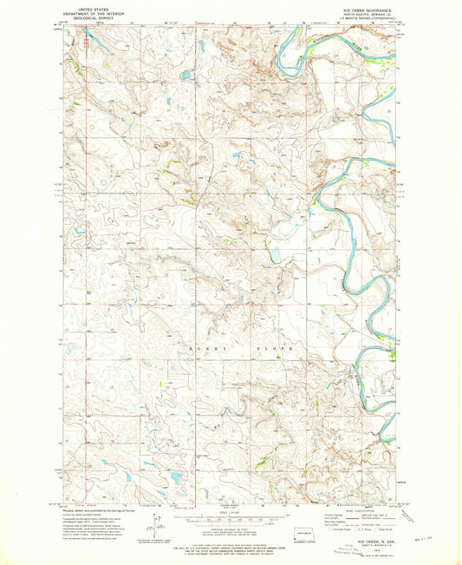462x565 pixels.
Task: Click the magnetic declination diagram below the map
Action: click(156, 522)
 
